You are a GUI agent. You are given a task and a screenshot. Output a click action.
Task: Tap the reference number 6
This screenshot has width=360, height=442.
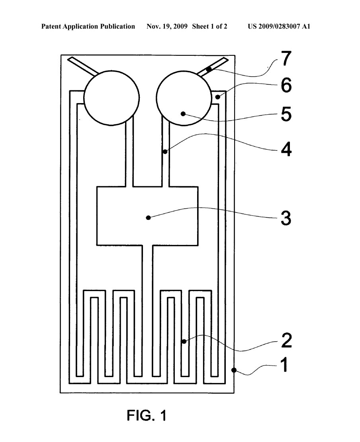285,86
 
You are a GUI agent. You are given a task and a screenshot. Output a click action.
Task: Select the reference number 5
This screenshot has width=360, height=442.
285,114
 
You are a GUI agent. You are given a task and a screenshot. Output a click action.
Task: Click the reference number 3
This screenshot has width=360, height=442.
285,218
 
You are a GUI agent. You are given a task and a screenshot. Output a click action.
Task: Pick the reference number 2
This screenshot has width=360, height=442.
285,341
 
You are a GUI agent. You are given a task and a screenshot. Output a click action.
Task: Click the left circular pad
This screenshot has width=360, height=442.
111,98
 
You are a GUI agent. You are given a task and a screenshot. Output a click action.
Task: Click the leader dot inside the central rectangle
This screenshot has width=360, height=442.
148,217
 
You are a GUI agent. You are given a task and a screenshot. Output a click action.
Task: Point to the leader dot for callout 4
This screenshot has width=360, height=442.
165,152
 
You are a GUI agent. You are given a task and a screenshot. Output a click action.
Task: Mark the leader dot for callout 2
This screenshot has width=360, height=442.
184,341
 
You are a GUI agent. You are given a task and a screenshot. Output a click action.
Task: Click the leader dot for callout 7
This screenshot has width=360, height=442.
208,69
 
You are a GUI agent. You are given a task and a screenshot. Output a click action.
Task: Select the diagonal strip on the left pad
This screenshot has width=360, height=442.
82,66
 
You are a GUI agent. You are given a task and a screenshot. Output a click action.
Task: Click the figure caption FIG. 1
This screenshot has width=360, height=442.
146,416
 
